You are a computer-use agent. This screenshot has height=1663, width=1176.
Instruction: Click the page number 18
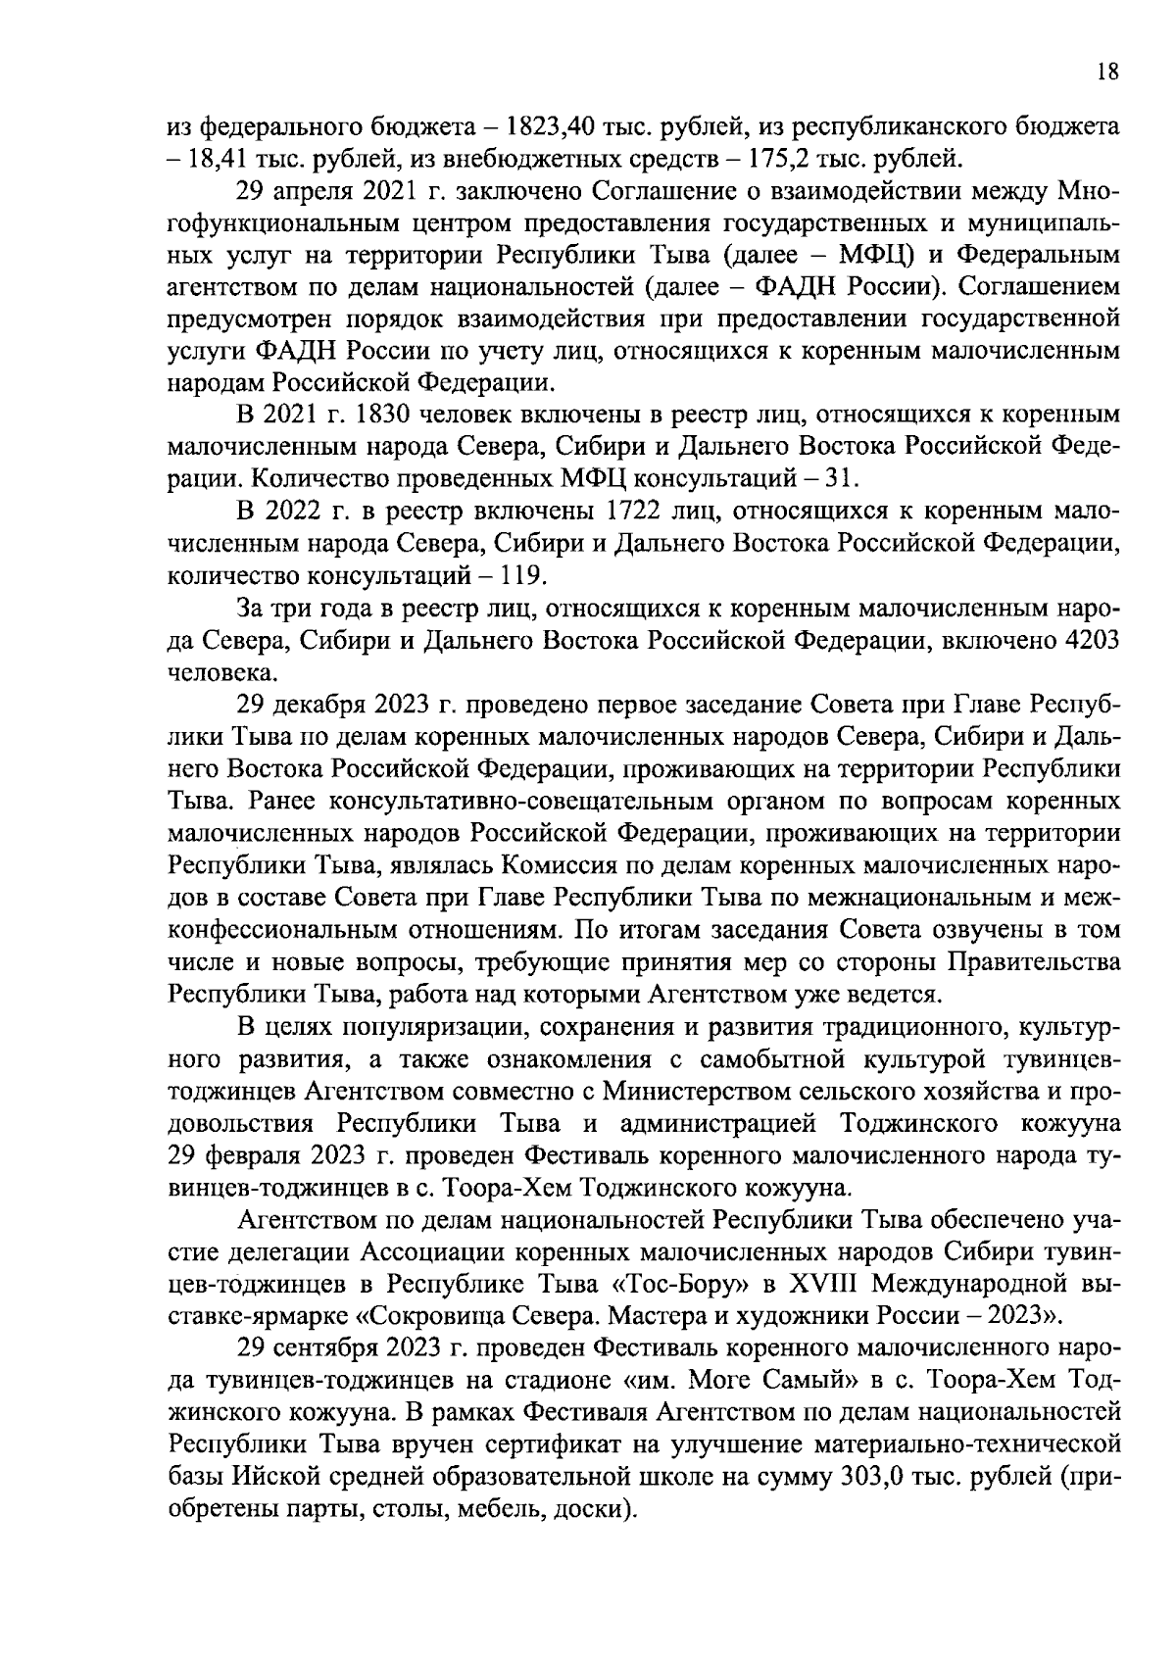click(1107, 73)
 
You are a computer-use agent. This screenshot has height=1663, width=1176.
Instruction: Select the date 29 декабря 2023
click(330, 705)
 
